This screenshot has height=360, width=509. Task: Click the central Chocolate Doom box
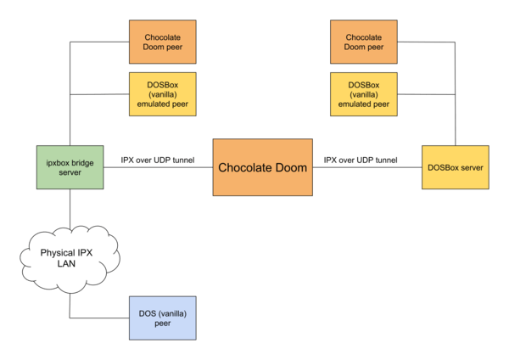pyautogui.click(x=263, y=167)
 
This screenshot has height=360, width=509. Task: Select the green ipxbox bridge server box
pyautogui.click(x=70, y=167)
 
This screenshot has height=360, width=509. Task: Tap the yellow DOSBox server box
pyautogui.click(x=456, y=167)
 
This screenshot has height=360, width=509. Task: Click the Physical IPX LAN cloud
pyautogui.click(x=70, y=259)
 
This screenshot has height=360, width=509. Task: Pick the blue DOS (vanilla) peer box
pyautogui.click(x=163, y=318)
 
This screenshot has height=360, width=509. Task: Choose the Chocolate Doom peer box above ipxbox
pyautogui.click(x=163, y=42)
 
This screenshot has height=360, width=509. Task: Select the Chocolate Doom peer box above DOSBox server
pyautogui.click(x=364, y=42)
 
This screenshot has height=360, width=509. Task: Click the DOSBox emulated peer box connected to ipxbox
pyautogui.click(x=163, y=94)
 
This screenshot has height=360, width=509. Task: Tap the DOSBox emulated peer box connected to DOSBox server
pyautogui.click(x=364, y=94)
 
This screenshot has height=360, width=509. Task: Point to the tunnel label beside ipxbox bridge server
pyautogui.click(x=158, y=160)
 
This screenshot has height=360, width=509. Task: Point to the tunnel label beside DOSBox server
pyautogui.click(x=361, y=160)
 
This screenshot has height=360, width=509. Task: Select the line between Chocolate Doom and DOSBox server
pyautogui.click(x=367, y=167)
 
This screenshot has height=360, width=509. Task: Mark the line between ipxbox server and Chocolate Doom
pyautogui.click(x=159, y=167)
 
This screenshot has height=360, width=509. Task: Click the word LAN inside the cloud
pyautogui.click(x=66, y=263)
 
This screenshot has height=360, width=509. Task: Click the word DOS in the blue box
pyautogui.click(x=147, y=313)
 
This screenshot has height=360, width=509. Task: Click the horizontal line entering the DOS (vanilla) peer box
pyautogui.click(x=99, y=318)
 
